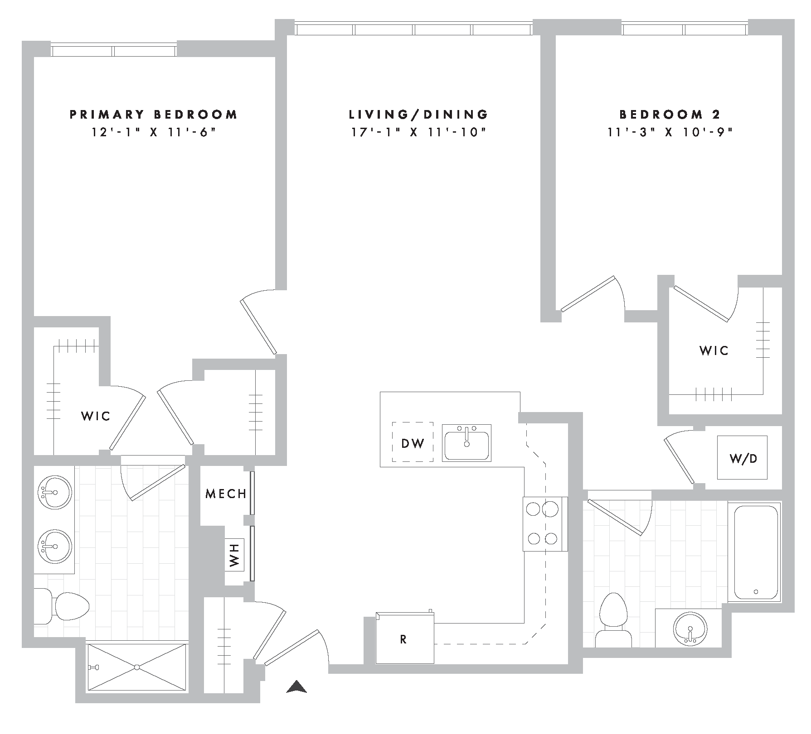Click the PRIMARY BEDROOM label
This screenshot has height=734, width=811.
click(x=153, y=115)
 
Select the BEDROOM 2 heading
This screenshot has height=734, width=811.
click(x=670, y=115)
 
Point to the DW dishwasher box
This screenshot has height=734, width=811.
click(x=413, y=442)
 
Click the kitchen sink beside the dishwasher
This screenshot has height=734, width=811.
click(x=466, y=442)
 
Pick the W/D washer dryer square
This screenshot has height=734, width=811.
click(x=742, y=458)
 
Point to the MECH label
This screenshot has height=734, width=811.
click(x=226, y=494)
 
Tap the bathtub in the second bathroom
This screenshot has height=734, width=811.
click(x=755, y=551)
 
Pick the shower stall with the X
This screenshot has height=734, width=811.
click(x=136, y=667)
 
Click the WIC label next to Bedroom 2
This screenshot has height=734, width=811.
click(x=714, y=350)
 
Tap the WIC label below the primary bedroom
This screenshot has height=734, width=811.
click(x=96, y=416)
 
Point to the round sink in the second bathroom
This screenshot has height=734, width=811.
click(x=690, y=629)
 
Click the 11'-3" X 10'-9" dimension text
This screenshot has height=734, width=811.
click(x=670, y=133)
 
